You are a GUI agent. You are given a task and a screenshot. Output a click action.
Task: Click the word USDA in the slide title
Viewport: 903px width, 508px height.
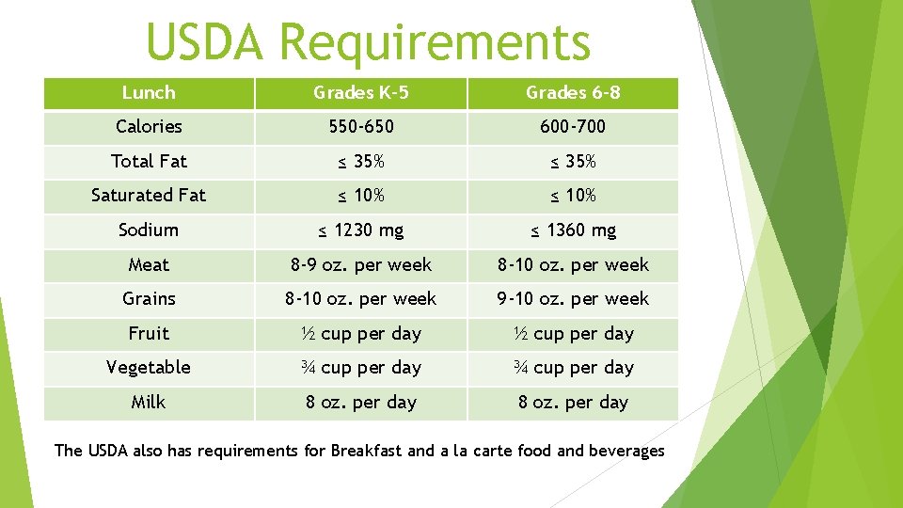tap(206, 42)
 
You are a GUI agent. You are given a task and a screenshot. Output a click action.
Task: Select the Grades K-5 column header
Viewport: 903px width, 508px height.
tap(360, 93)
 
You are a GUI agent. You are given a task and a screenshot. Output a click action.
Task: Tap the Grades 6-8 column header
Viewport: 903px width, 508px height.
tap(573, 93)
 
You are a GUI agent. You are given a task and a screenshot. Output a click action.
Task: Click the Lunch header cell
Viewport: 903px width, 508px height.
tap(149, 93)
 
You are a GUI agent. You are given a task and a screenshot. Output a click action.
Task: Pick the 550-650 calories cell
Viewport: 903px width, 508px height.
tap(360, 127)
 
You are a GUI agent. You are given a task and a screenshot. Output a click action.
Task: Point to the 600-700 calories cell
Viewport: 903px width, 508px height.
tap(573, 127)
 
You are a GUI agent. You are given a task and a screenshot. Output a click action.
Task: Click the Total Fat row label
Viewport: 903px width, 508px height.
tap(149, 162)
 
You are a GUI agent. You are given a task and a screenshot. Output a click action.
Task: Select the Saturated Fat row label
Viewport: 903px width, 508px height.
tap(149, 196)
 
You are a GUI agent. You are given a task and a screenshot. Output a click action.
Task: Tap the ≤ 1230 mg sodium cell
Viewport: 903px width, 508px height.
tap(360, 230)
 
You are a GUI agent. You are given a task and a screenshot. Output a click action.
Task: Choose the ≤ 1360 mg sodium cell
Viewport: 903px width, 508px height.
tap(573, 230)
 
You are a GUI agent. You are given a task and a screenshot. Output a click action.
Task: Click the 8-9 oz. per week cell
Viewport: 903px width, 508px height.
tap(360, 265)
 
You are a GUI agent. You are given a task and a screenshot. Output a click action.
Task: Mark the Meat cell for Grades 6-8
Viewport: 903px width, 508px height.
tap(573, 265)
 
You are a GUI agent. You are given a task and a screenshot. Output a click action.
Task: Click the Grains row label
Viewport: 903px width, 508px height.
tap(149, 299)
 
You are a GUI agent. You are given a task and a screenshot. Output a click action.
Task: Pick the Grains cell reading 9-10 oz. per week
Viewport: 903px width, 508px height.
tap(573, 299)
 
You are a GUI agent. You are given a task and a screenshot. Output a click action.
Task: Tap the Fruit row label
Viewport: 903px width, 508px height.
tap(149, 334)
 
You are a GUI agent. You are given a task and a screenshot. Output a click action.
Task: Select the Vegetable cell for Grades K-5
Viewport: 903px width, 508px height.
tap(360, 368)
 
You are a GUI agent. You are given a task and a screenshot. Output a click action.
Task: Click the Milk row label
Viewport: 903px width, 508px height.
tap(149, 403)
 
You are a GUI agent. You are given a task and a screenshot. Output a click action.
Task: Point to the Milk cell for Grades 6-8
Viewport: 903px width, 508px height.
tap(573, 403)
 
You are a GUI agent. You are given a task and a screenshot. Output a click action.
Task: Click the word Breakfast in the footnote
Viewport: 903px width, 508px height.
tap(366, 451)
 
